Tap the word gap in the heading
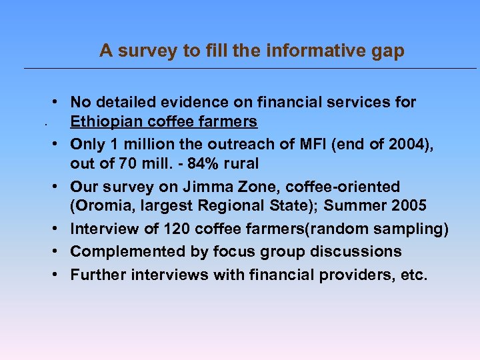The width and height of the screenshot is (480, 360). point(388,51)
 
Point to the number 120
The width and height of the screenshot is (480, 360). point(163,229)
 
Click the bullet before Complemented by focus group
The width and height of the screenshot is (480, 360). point(59,251)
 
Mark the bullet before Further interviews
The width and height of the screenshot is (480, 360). point(59,273)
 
